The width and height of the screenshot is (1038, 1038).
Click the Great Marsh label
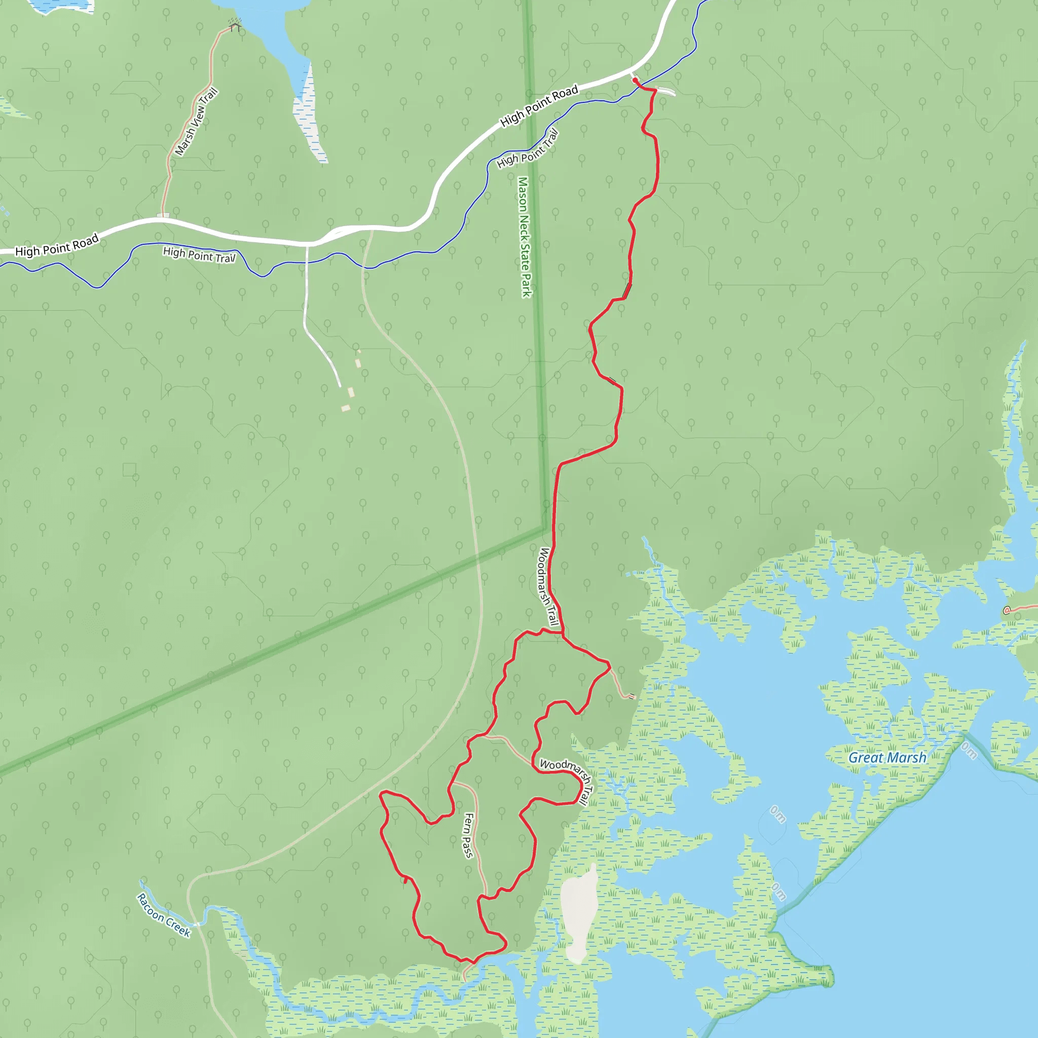[887, 758]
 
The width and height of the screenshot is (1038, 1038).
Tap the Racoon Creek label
[163, 914]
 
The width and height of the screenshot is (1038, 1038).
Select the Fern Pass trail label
[468, 835]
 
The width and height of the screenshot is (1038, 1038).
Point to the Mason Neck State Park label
[524, 236]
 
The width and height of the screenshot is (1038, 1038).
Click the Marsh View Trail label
[196, 122]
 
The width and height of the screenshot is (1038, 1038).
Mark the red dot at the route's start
[635, 81]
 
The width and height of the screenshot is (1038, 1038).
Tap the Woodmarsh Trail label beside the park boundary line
[547, 586]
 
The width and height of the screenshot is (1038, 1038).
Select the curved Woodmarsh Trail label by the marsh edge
[569, 777]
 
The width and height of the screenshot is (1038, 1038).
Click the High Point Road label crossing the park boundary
[539, 106]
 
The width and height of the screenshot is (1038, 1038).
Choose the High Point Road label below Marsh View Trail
[57, 245]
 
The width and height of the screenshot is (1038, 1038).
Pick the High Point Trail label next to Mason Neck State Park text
[527, 149]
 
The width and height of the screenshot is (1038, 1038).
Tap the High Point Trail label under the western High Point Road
[199, 254]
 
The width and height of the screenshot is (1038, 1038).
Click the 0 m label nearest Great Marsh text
[969, 750]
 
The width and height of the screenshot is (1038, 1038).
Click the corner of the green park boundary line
[545, 528]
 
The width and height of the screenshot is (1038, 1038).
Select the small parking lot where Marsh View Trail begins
[163, 215]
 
